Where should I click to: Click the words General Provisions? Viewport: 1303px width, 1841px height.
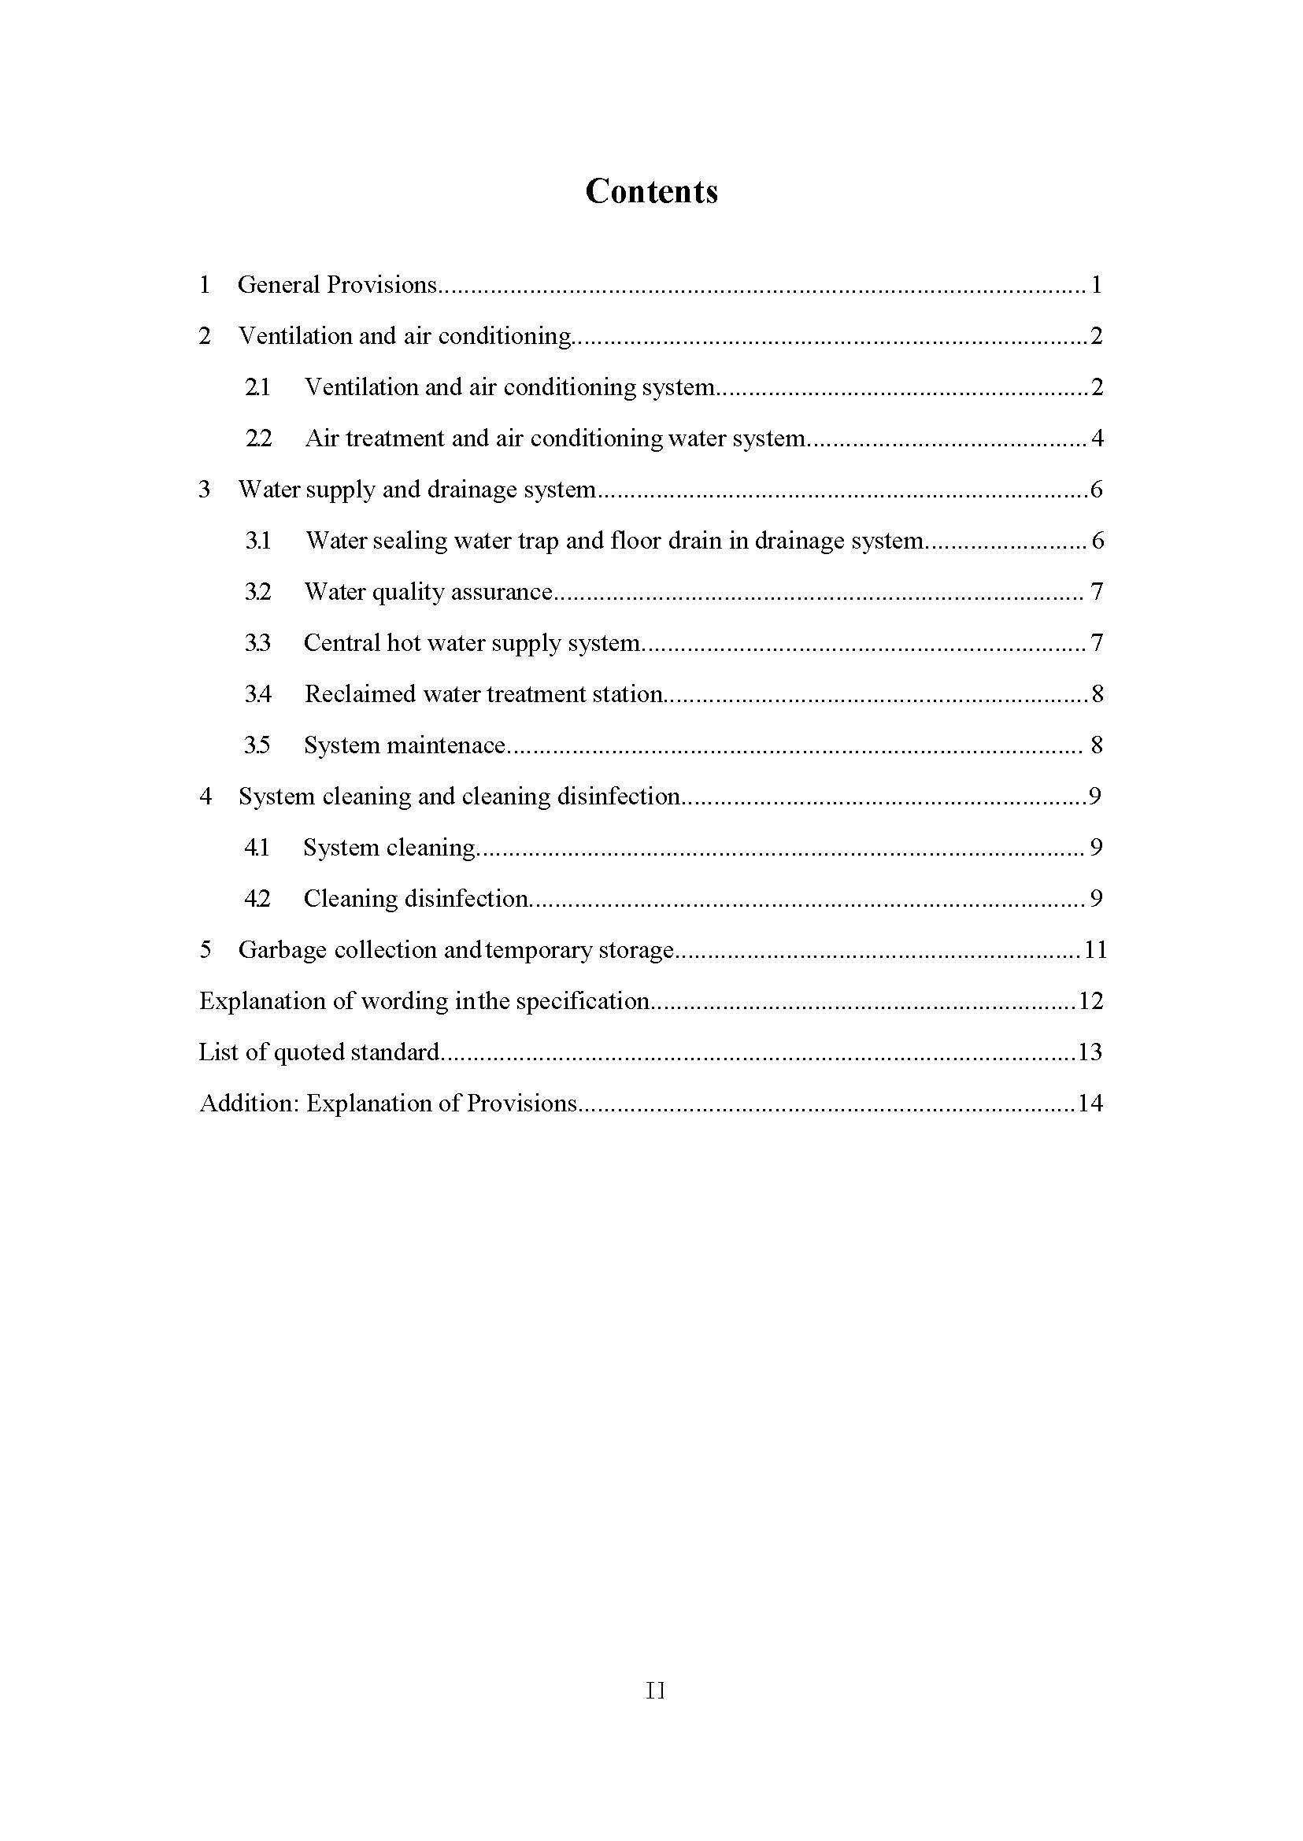coord(337,285)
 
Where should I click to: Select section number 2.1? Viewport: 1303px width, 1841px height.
coord(257,387)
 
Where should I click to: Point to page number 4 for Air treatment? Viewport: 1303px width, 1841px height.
coord(1097,438)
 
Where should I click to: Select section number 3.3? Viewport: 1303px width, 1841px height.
coord(257,643)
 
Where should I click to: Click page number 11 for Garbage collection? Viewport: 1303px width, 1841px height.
coord(1095,950)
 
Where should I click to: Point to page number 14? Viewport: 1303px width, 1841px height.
coord(1090,1103)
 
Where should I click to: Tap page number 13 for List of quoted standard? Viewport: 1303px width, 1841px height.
coord(1090,1052)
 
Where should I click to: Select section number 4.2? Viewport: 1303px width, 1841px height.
coord(257,899)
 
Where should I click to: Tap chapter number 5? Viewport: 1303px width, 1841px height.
coord(205,950)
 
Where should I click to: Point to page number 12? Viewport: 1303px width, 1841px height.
coord(1090,1001)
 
